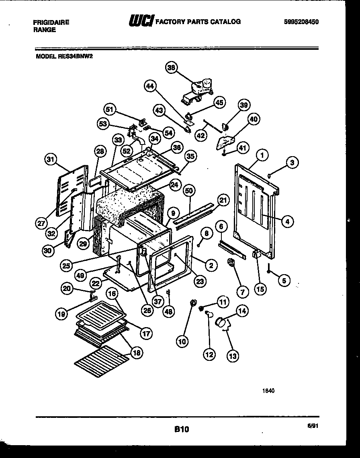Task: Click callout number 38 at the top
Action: click(172, 68)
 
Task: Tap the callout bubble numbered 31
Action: click(51, 160)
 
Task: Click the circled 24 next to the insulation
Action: click(174, 185)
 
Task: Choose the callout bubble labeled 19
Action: click(61, 314)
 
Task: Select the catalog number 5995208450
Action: click(301, 22)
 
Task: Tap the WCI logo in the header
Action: click(141, 21)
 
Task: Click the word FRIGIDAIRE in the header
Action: click(51, 22)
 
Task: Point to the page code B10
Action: click(181, 429)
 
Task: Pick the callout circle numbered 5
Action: click(284, 281)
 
